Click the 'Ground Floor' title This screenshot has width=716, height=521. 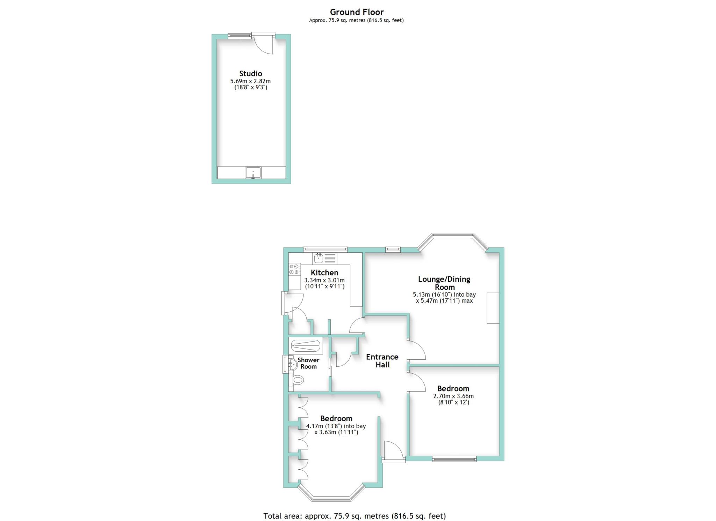coord(357,12)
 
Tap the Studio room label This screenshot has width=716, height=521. coord(250,73)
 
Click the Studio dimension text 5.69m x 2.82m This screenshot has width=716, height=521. coord(250,81)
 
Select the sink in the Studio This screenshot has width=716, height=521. coord(253,173)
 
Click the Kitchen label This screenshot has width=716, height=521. coord(324,273)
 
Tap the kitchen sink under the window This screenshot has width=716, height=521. coord(324,259)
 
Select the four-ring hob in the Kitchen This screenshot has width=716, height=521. coord(294,269)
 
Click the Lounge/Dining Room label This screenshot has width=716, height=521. coord(444,283)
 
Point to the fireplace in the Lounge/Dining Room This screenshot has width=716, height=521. coord(493,308)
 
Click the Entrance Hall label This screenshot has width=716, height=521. coord(382,361)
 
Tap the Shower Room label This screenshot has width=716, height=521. coord(308,363)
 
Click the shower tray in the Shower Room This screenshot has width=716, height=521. coord(305,346)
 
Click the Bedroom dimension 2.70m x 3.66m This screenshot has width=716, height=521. coord(453,396)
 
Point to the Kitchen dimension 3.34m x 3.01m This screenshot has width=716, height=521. coord(324,280)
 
